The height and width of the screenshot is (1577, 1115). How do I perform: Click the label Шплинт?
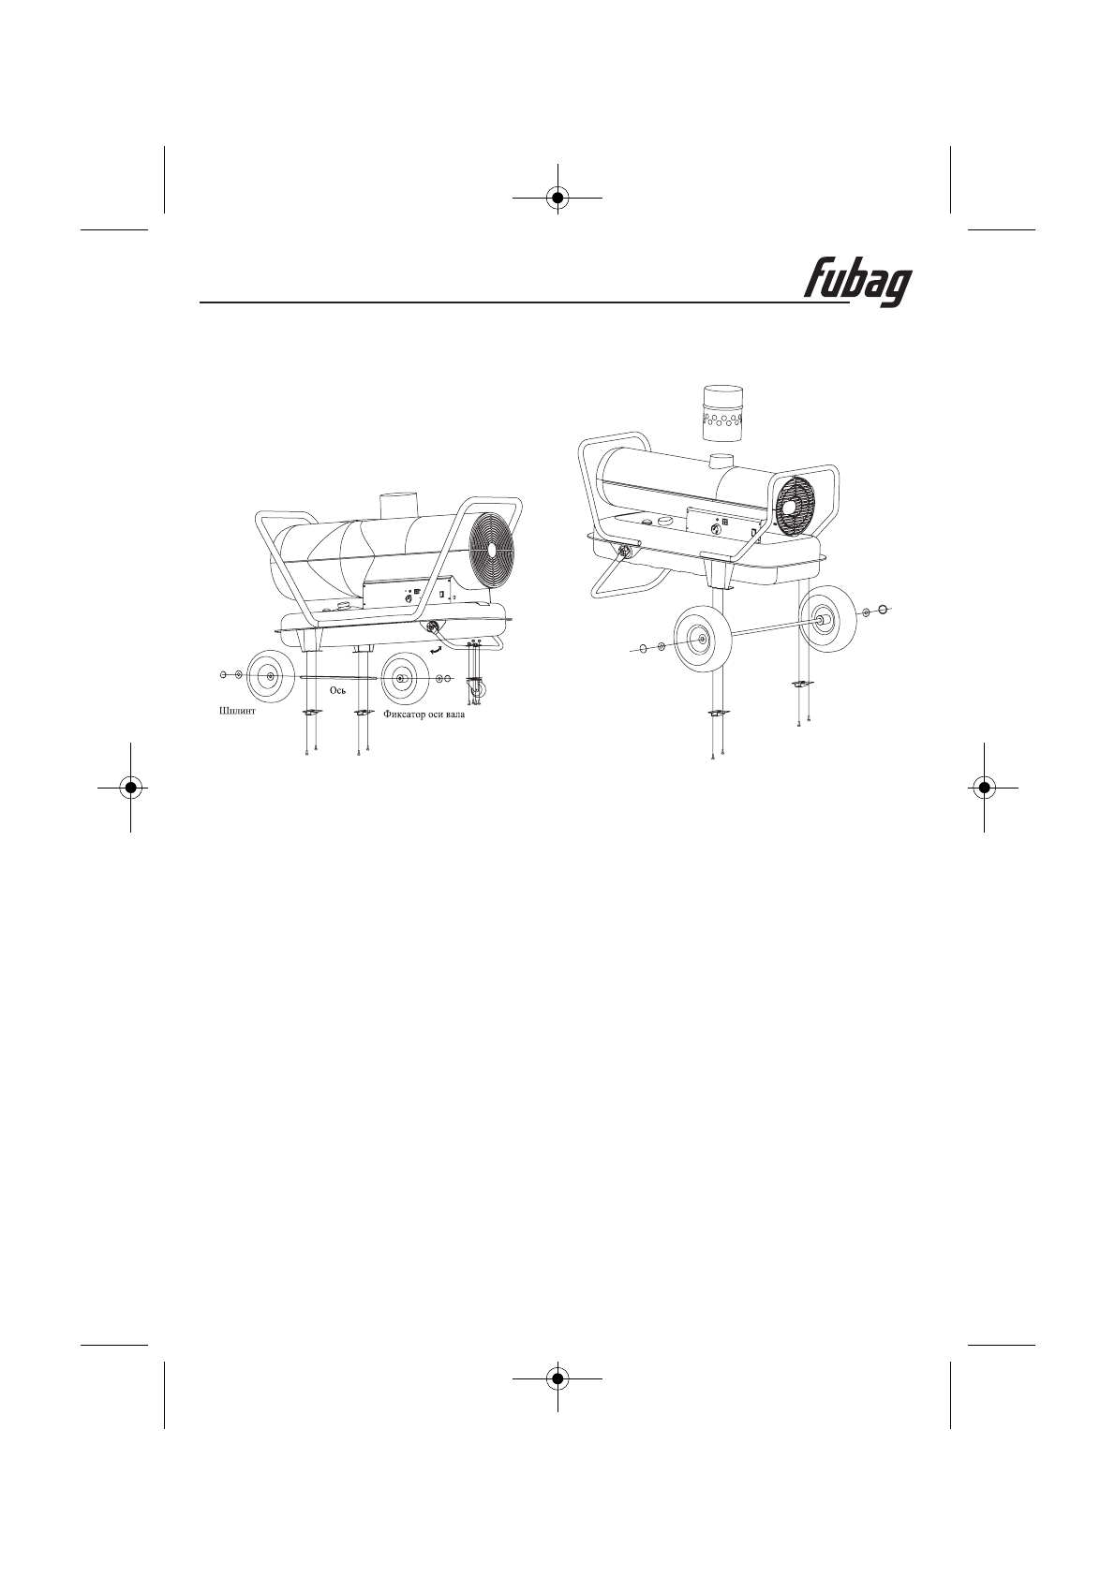pyautogui.click(x=230, y=712)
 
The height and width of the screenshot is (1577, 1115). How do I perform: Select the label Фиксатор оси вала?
pyautogui.click(x=424, y=713)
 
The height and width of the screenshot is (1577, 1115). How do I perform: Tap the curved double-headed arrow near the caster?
pyautogui.click(x=437, y=648)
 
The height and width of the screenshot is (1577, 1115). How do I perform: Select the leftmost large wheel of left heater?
pyautogui.click(x=270, y=676)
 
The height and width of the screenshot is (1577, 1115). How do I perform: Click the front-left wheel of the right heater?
pyautogui.click(x=699, y=639)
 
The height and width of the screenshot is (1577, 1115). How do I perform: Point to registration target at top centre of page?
pyautogui.click(x=557, y=198)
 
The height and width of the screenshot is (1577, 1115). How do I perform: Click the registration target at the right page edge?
pyautogui.click(x=984, y=788)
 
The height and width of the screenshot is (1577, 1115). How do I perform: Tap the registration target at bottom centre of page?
pyautogui.click(x=557, y=1378)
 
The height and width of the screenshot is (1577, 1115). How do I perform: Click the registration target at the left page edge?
pyautogui.click(x=130, y=788)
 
